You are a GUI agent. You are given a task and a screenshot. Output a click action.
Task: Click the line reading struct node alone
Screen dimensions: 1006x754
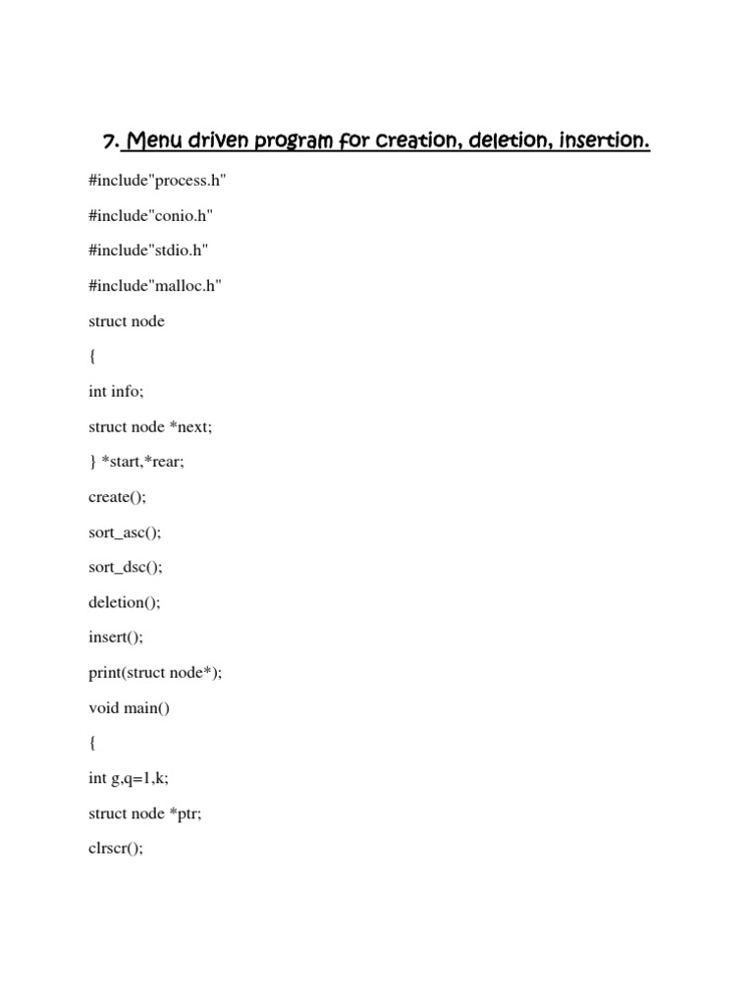126,321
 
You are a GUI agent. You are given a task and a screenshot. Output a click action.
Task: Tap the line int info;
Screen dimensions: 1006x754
116,391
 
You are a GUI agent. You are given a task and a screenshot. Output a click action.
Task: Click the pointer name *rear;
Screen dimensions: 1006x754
164,462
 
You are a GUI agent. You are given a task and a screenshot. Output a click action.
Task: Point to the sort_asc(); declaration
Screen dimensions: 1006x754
125,531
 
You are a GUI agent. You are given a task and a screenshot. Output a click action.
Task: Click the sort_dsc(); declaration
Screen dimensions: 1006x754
125,567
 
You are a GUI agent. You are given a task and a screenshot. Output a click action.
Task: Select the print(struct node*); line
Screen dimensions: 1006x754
155,672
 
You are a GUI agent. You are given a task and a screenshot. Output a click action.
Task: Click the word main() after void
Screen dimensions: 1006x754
146,707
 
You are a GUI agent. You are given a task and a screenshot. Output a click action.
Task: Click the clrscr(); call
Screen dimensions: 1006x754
116,848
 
